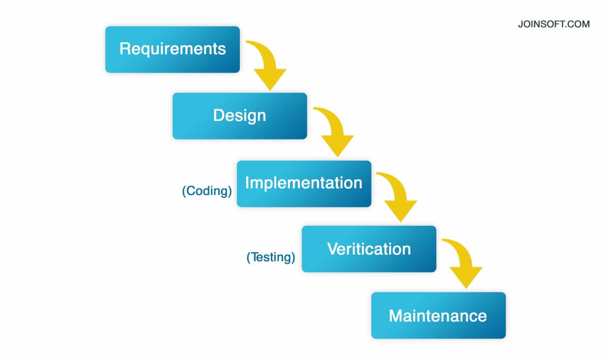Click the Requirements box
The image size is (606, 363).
(172, 49)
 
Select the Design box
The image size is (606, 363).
(239, 116)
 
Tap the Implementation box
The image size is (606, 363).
(304, 183)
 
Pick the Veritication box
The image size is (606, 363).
(369, 249)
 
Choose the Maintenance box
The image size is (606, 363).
(438, 315)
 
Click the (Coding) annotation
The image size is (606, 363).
(207, 191)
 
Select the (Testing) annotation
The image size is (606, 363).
(271, 257)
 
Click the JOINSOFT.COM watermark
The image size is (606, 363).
(554, 24)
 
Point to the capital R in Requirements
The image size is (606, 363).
(125, 49)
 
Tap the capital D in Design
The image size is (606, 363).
(218, 115)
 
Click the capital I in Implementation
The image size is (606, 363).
(247, 183)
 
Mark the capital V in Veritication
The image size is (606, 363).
(332, 249)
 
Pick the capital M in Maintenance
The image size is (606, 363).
(396, 316)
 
